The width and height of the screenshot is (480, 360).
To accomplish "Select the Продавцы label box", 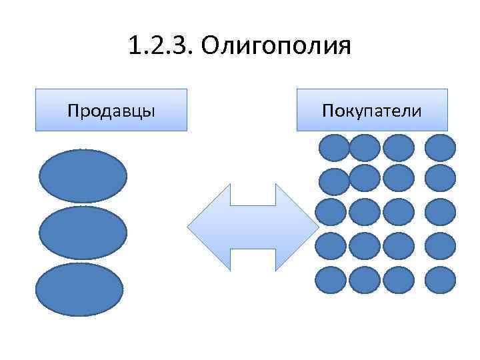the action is (111, 109).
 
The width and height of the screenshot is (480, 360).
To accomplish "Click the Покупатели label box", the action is (371, 109).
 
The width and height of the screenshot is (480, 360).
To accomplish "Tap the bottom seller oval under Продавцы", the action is (79, 289).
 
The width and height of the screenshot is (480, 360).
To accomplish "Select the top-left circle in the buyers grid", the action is (334, 148).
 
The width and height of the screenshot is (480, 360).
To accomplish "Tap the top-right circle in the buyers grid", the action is (440, 148).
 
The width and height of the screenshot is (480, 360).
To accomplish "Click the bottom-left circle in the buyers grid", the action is (331, 280).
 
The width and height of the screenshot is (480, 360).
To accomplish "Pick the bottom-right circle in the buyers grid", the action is (440, 280).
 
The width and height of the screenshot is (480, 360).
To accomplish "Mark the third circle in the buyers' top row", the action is (399, 148).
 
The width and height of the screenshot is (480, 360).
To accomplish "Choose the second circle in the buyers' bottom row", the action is (364, 280).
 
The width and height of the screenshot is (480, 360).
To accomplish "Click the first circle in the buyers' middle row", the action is (331, 212).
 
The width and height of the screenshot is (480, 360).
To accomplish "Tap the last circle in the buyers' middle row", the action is (440, 212).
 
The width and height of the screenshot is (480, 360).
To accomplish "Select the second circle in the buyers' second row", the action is (364, 178).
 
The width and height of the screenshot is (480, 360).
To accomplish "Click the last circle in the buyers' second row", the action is (440, 178).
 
